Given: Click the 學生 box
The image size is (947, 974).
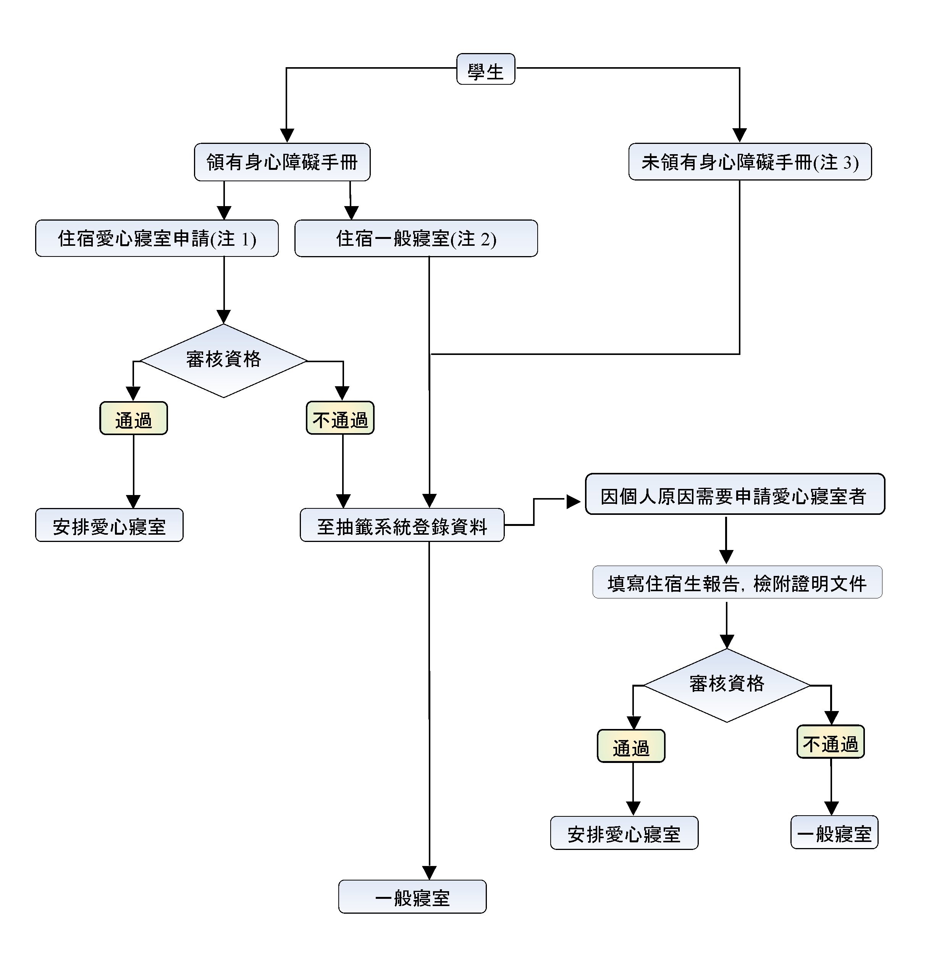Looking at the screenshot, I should (x=485, y=69).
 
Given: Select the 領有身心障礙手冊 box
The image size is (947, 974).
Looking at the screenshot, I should (x=282, y=162).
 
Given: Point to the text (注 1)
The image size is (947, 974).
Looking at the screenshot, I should (x=233, y=239).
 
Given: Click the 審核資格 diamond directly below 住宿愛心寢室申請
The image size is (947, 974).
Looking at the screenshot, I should (x=224, y=360).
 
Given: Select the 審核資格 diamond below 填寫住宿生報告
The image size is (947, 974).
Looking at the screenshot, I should (x=727, y=685).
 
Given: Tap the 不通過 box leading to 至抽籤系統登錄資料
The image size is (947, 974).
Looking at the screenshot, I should (x=340, y=419).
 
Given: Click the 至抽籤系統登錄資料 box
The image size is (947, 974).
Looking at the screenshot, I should (x=402, y=526).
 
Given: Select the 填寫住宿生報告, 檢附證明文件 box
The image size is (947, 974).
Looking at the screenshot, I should (x=737, y=582).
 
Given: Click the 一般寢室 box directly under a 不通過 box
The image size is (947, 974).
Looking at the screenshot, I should (x=834, y=833).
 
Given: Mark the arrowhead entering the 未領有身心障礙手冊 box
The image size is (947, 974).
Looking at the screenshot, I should (x=740, y=135).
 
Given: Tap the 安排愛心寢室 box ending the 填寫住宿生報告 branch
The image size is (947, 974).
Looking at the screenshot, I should (x=624, y=833).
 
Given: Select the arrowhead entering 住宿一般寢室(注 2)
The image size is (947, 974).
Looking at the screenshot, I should (x=351, y=213).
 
